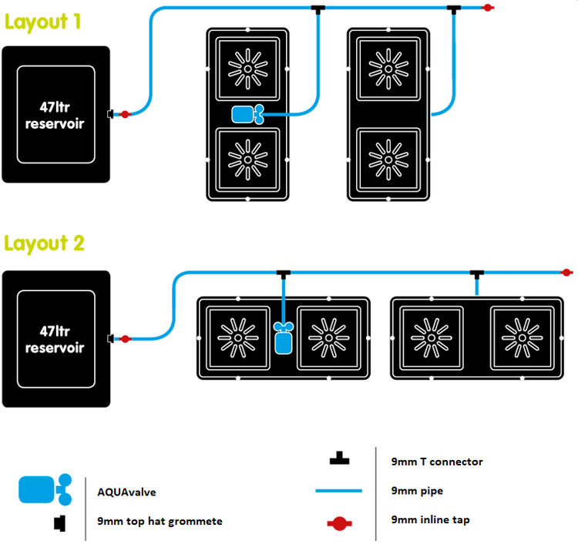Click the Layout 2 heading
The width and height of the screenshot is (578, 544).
(x=44, y=243)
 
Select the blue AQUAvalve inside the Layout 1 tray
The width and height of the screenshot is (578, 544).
(x=247, y=115)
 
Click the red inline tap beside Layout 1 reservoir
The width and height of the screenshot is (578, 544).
(x=125, y=114)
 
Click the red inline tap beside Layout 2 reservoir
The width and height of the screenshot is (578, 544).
(x=125, y=338)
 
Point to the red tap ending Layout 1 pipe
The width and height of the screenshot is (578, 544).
(x=487, y=8)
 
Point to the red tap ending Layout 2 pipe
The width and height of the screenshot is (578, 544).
(x=566, y=272)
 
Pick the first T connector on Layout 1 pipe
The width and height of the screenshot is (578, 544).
(x=318, y=8)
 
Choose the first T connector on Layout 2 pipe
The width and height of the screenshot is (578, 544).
(x=284, y=273)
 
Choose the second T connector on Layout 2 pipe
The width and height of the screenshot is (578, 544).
(x=477, y=273)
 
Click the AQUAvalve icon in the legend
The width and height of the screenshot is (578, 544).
(x=44, y=489)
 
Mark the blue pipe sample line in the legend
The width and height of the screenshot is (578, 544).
(x=338, y=491)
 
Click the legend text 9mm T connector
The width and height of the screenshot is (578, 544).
(x=437, y=462)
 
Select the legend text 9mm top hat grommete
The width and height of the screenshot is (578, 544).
(x=160, y=521)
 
